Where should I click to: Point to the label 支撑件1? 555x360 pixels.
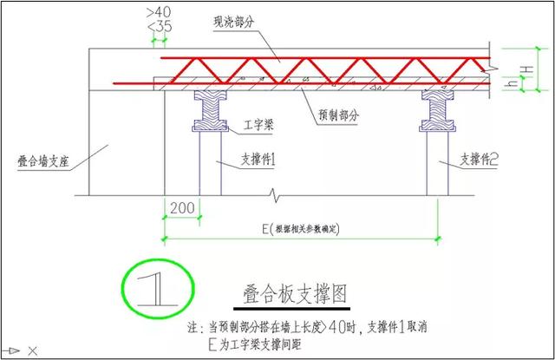coord(258,162)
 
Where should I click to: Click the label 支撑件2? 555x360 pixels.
coord(480,160)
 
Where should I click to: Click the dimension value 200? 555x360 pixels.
coord(183,209)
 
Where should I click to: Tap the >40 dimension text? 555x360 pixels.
coord(161,12)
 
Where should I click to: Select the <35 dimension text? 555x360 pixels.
coord(161,29)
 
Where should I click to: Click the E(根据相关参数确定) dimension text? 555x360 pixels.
coord(304,228)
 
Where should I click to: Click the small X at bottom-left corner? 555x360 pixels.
coord(32,350)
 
